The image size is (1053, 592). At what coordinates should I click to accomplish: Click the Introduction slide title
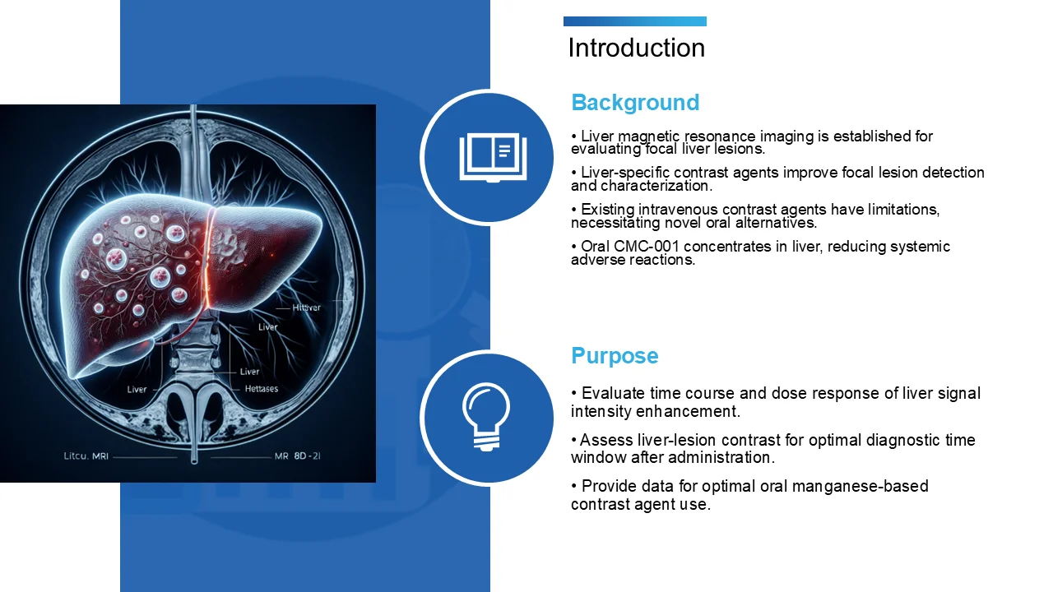pyautogui.click(x=636, y=48)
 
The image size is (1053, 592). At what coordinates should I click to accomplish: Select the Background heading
pyautogui.click(x=635, y=103)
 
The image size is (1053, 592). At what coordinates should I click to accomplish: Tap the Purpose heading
pyautogui.click(x=615, y=356)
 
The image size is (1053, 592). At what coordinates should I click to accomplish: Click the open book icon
pyautogui.click(x=492, y=157)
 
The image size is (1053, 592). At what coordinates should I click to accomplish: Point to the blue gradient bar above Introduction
pyautogui.click(x=634, y=21)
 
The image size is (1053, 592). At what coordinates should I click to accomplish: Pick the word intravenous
pyautogui.click(x=677, y=210)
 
